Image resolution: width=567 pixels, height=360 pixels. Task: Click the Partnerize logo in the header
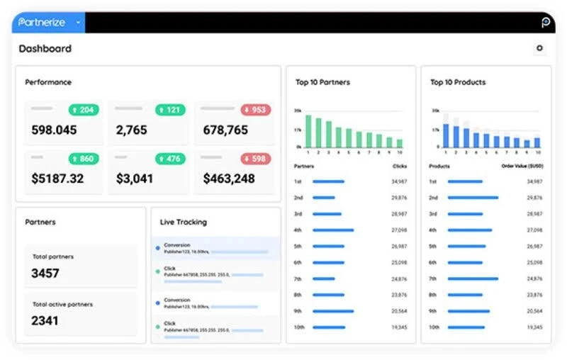pyautogui.click(x=42, y=23)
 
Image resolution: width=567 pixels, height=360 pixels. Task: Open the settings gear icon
pyautogui.click(x=540, y=48)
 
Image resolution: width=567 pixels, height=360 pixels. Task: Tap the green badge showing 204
pyautogui.click(x=84, y=110)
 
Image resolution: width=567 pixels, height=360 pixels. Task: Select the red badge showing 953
pyautogui.click(x=255, y=110)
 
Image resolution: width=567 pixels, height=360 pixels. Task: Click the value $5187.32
pyautogui.click(x=57, y=179)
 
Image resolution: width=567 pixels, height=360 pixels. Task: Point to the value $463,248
pyautogui.click(x=229, y=179)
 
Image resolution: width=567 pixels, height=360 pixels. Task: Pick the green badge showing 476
pyautogui.click(x=170, y=159)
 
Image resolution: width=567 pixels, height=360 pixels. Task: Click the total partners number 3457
pyautogui.click(x=45, y=273)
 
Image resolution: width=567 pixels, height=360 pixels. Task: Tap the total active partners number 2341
pyautogui.click(x=45, y=320)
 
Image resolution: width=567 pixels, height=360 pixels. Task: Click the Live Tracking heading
pyautogui.click(x=184, y=222)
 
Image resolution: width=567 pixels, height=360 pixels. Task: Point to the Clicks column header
pyautogui.click(x=400, y=166)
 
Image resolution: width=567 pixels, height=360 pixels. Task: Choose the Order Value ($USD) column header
pyautogui.click(x=522, y=166)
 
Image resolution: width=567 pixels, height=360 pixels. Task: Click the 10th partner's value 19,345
pyautogui.click(x=399, y=327)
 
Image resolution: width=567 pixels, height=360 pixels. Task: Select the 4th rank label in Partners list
pyautogui.click(x=298, y=230)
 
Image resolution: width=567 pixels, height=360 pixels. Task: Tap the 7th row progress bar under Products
pyautogui.click(x=473, y=279)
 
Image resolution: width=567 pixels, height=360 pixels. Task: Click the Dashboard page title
pyautogui.click(x=45, y=49)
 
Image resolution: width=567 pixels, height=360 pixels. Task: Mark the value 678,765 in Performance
pyautogui.click(x=225, y=130)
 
